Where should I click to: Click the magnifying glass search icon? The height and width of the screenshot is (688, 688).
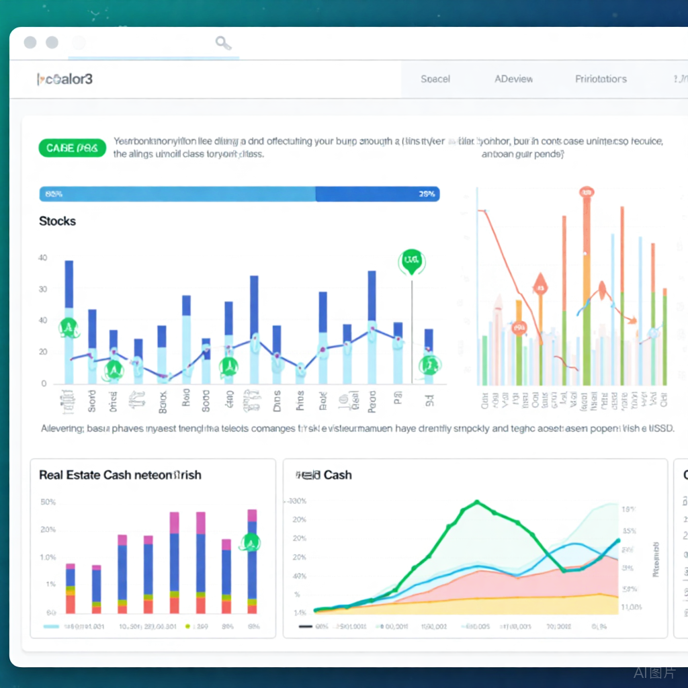click(x=223, y=44)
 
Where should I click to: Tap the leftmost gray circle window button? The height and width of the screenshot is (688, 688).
click(x=30, y=43)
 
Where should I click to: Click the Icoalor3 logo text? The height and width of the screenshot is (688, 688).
click(x=64, y=79)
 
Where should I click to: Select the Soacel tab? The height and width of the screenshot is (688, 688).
click(x=435, y=79)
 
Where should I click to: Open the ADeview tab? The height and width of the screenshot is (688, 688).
click(x=514, y=79)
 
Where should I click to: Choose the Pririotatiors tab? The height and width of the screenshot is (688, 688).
click(x=601, y=79)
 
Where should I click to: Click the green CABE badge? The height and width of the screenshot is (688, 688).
click(x=73, y=148)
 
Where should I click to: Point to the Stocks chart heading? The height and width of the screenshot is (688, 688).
click(x=57, y=221)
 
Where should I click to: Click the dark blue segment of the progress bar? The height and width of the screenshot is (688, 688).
click(x=376, y=194)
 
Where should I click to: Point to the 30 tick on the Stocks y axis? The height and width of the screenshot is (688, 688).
click(x=43, y=290)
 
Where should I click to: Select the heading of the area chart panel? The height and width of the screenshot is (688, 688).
click(x=324, y=475)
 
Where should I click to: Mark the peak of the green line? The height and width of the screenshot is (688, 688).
click(x=477, y=501)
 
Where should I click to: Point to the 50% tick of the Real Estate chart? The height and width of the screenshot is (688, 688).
click(x=48, y=502)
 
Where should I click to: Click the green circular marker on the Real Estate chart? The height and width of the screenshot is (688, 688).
click(x=251, y=542)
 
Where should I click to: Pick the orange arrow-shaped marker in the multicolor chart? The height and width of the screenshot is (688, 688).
click(x=539, y=284)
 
